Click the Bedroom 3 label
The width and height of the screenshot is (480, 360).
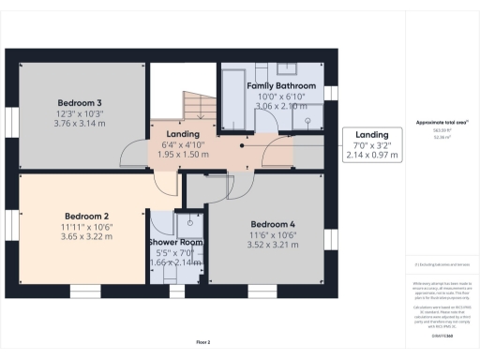[x=80, y=101]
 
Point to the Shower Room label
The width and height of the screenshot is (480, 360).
[x=176, y=243]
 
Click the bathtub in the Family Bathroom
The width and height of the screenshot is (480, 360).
[x=231, y=91]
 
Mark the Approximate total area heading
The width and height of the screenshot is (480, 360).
[x=442, y=123]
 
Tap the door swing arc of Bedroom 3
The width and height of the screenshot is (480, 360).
[x=136, y=149]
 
